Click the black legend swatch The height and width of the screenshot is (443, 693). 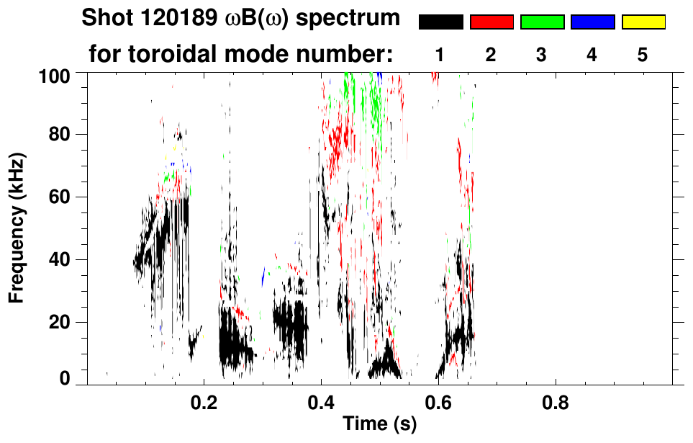(440, 22)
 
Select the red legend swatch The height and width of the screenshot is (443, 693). (492, 22)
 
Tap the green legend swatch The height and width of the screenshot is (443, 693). (542, 22)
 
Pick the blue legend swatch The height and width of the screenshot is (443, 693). (592, 22)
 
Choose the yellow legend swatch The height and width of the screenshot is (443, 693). (643, 22)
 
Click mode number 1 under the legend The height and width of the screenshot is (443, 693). (440, 55)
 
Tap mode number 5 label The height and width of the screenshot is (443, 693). (643, 55)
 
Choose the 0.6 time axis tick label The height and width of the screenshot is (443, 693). (438, 401)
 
